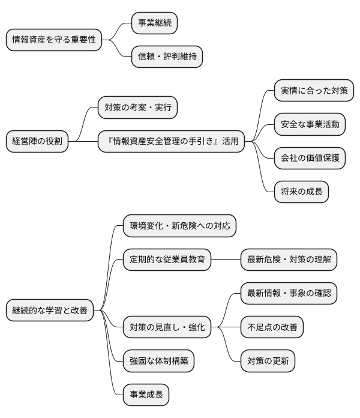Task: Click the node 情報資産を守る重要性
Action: (x=53, y=40)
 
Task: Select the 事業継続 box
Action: (x=155, y=23)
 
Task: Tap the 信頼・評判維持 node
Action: (x=167, y=57)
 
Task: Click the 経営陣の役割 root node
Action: (x=37, y=142)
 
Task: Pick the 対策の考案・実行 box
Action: (x=137, y=108)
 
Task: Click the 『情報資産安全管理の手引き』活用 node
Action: (x=172, y=142)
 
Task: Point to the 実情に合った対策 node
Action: (x=314, y=91)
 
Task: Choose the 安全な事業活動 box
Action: (x=310, y=125)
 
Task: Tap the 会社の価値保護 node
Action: (x=310, y=159)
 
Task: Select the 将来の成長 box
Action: (x=301, y=192)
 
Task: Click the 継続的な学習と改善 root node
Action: (x=50, y=310)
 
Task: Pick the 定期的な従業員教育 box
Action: (x=167, y=260)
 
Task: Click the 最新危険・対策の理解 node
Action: (x=289, y=260)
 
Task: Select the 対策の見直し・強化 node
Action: (x=167, y=327)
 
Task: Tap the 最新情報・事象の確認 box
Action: (x=289, y=294)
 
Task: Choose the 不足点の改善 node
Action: (x=272, y=327)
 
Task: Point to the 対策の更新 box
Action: (x=268, y=361)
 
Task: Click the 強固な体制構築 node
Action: (x=158, y=361)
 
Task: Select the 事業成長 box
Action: (x=146, y=395)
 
